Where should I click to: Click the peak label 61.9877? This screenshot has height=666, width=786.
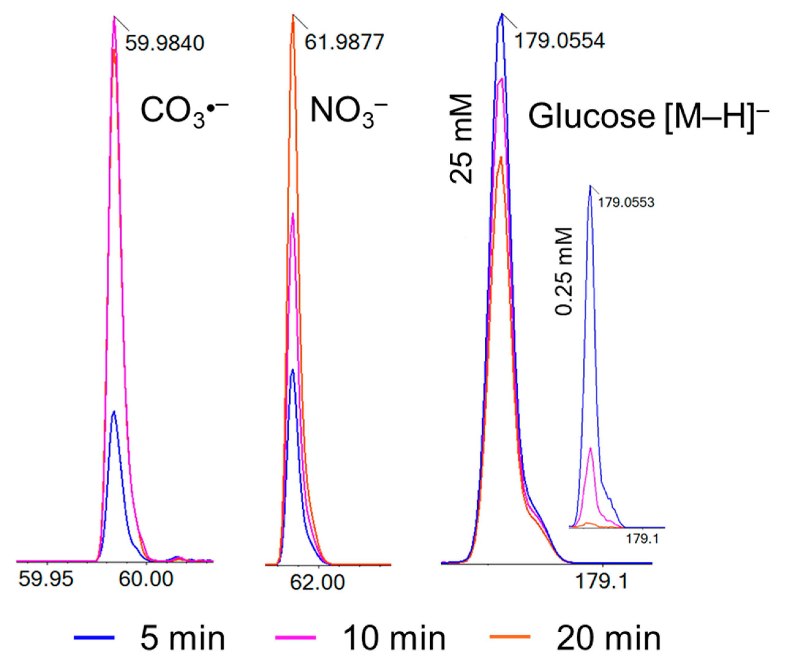344,42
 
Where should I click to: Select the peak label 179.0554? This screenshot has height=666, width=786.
559,41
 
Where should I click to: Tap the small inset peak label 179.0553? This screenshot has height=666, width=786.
626,203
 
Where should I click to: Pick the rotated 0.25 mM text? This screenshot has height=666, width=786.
564,271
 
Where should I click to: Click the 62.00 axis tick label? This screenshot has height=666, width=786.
317,582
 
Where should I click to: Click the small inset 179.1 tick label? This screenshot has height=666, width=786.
642,539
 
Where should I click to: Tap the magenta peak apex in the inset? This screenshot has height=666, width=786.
590,448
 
